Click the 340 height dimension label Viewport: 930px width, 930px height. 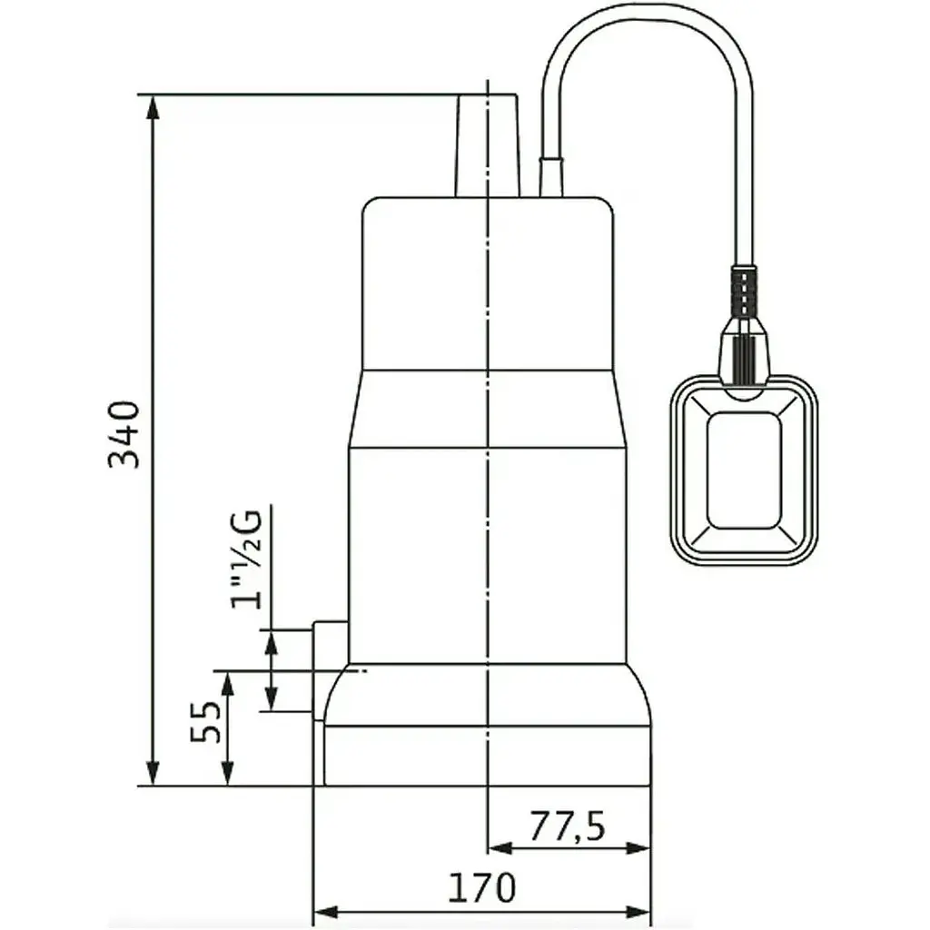coord(124,435)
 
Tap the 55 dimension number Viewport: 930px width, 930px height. coord(205,722)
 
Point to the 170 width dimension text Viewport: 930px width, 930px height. coord(481,887)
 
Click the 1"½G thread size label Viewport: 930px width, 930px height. coord(247,559)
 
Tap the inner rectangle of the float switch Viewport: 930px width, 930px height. coord(745,470)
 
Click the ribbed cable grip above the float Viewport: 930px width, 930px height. coord(744,293)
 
